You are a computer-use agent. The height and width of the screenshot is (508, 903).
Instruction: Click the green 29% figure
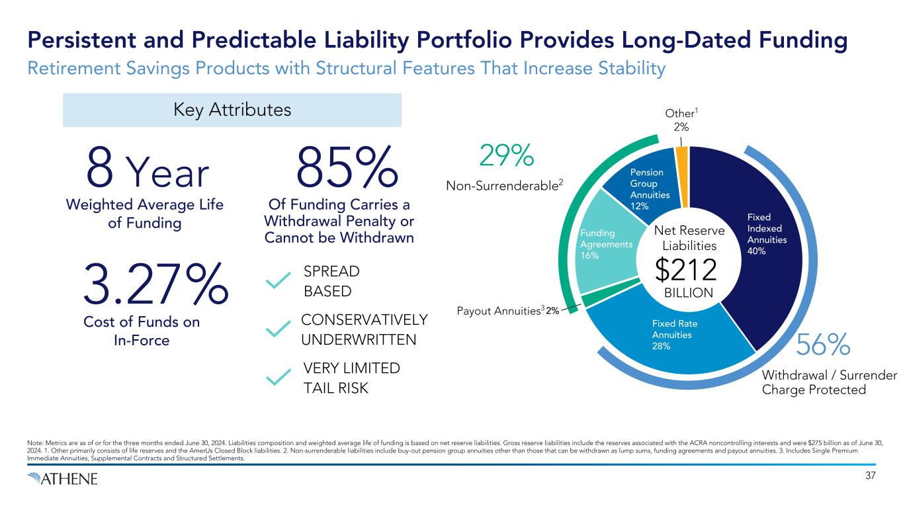tap(505, 156)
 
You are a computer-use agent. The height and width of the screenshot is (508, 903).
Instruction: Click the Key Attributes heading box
tap(232, 110)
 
